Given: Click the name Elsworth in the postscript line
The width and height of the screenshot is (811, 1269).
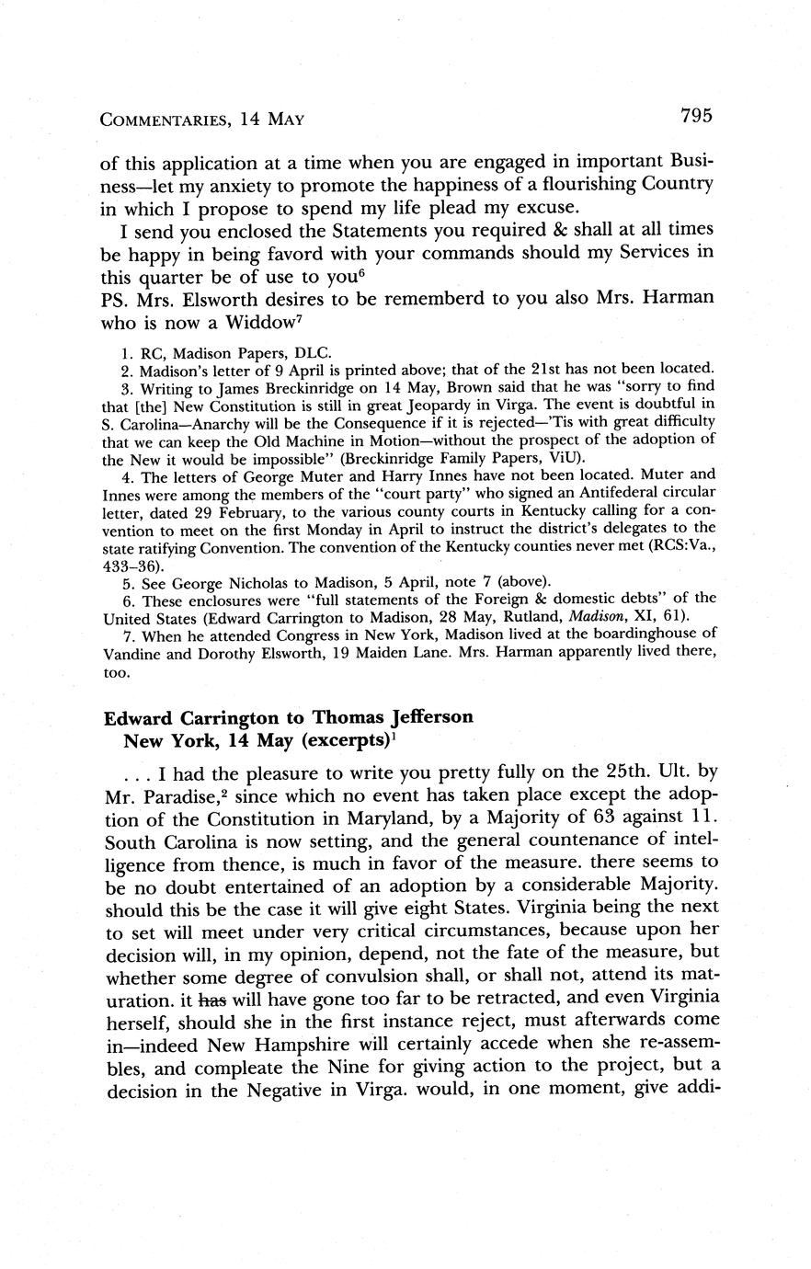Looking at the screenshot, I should pyautogui.click(x=233, y=299).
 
